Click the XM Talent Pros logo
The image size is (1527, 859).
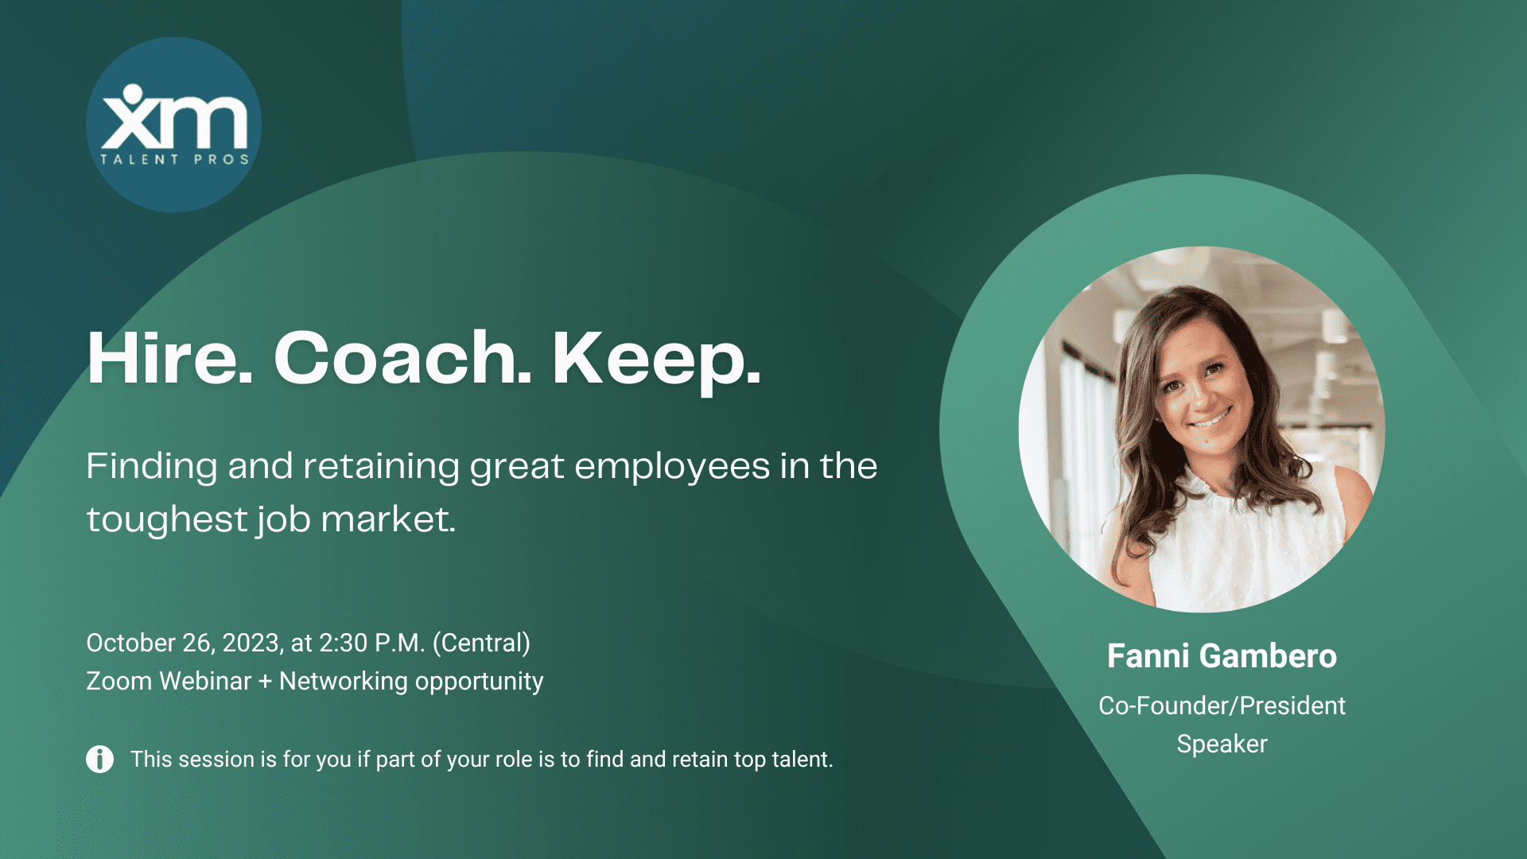(x=173, y=125)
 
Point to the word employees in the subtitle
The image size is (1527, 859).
(x=672, y=468)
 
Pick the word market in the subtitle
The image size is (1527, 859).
(x=388, y=519)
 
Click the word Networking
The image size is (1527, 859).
(x=344, y=682)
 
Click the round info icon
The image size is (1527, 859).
(x=99, y=760)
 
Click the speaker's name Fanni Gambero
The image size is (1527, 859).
(x=1222, y=656)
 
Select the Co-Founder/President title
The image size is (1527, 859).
(x=1222, y=705)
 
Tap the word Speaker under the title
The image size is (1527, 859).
(x=1222, y=744)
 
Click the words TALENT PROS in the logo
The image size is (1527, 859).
(x=174, y=159)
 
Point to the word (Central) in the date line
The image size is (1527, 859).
(x=481, y=643)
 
